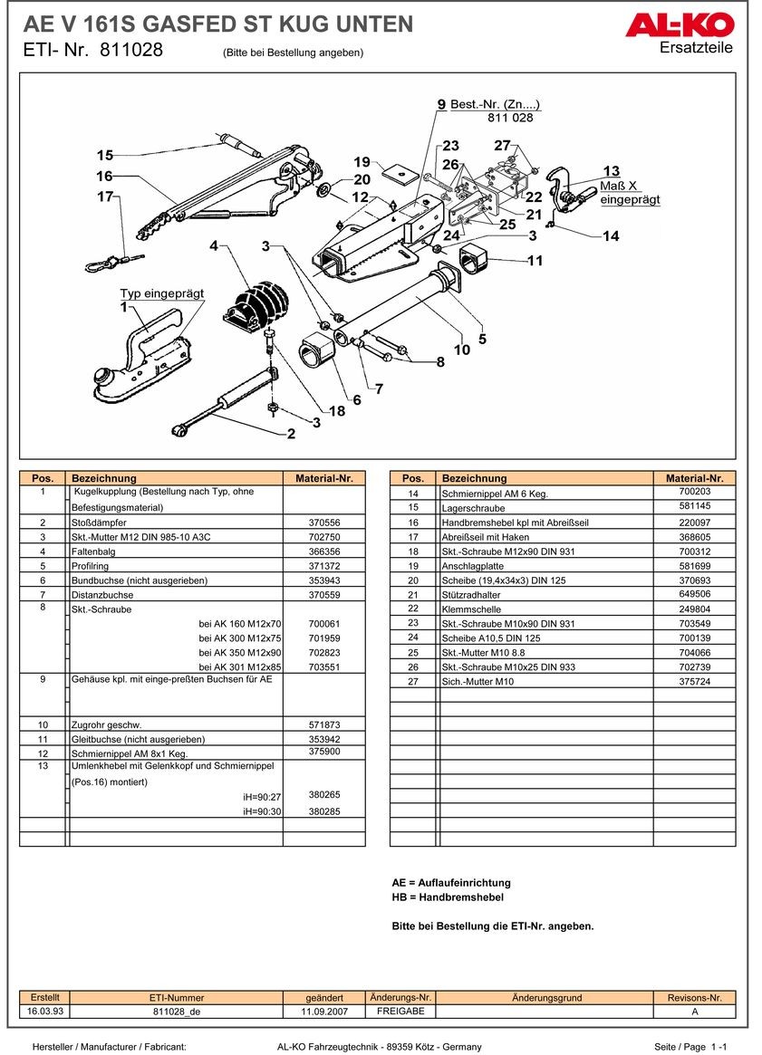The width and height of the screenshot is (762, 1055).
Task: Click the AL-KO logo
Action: [x=679, y=25]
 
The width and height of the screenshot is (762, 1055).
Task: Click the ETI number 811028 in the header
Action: [x=131, y=51]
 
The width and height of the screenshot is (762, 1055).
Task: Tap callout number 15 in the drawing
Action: [x=105, y=155]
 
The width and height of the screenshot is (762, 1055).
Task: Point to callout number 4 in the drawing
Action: [x=214, y=245]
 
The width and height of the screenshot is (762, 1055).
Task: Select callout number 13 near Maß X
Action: [x=612, y=171]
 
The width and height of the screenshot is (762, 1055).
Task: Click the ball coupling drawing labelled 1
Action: [x=145, y=358]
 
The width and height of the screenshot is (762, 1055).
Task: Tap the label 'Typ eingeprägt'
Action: [x=162, y=293]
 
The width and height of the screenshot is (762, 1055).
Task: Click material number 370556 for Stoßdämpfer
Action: [x=323, y=523]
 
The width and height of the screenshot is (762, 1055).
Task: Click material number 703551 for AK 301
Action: [x=323, y=667]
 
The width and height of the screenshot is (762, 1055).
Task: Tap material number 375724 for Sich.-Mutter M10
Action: [x=694, y=682]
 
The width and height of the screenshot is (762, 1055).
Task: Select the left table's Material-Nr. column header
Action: [x=323, y=478]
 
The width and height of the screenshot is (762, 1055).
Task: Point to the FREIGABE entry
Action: [x=400, y=1011]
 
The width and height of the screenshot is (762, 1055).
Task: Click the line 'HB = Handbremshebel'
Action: [x=447, y=897]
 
